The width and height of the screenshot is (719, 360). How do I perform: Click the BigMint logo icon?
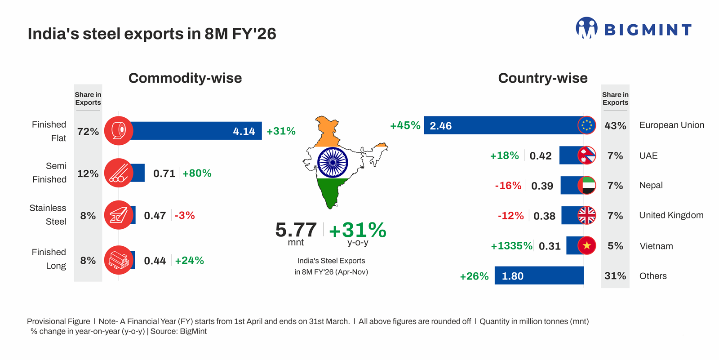pyautogui.click(x=586, y=28)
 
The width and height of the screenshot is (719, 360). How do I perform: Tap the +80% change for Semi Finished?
pyautogui.click(x=197, y=173)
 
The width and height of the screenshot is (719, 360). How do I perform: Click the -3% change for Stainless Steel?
pyautogui.click(x=185, y=216)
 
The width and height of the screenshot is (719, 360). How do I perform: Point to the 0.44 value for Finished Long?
pyautogui.click(x=155, y=261)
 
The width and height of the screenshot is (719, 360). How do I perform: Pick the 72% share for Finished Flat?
pyautogui.click(x=88, y=132)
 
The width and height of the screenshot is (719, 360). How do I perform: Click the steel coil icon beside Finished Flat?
pyautogui.click(x=119, y=131)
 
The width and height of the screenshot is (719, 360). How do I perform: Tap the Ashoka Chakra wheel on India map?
pyautogui.click(x=333, y=162)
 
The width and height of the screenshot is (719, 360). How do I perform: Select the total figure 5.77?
pyautogui.click(x=296, y=230)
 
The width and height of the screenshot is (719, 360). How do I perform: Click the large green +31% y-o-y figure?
pyautogui.click(x=357, y=230)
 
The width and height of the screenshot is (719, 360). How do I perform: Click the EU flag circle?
pyautogui.click(x=586, y=125)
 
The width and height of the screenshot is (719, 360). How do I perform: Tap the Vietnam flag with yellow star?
pyautogui.click(x=586, y=246)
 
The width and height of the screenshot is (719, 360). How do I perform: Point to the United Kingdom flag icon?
pyautogui.click(x=586, y=216)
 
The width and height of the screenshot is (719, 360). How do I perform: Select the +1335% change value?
pyautogui.click(x=511, y=246)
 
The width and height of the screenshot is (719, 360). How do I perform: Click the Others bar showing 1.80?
pyautogui.click(x=539, y=276)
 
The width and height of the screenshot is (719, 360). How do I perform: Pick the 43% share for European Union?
pyautogui.click(x=615, y=126)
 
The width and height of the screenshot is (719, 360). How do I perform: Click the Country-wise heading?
pyautogui.click(x=542, y=78)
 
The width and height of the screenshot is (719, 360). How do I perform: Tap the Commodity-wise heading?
pyautogui.click(x=185, y=78)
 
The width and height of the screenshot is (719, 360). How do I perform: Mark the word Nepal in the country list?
pyautogui.click(x=651, y=185)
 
